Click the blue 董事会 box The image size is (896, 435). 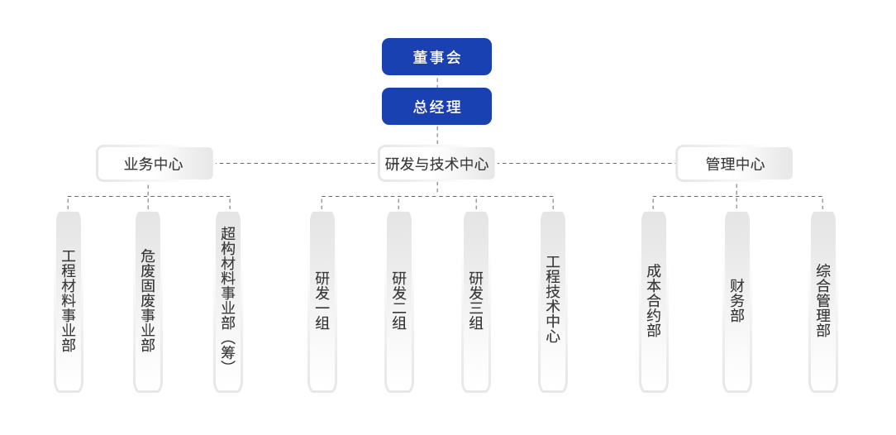point(436,57)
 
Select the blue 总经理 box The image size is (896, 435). point(436,107)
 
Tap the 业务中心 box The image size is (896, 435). point(155,164)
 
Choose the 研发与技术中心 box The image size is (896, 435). point(436,164)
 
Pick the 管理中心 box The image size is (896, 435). point(735,164)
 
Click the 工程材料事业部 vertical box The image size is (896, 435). point(69,299)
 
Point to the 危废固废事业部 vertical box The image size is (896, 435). point(147,299)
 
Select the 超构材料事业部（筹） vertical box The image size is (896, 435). point(228,299)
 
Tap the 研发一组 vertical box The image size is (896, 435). point(322,299)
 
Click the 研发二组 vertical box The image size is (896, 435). point(398,299)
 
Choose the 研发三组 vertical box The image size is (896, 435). point(476,299)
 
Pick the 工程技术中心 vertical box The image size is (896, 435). point(553,299)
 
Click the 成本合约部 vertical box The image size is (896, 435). point(654,299)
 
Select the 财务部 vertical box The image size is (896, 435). point(736,299)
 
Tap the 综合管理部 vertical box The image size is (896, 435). point(822,299)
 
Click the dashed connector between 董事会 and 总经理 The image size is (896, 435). point(436,81)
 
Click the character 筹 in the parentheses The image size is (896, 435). point(228,352)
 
